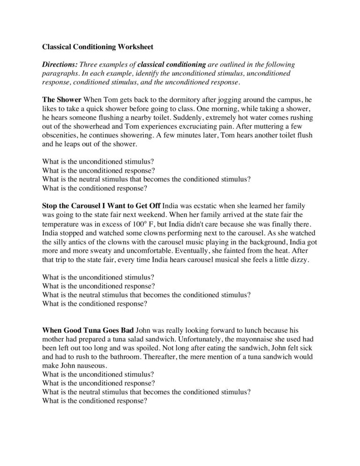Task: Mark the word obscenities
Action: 63,135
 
